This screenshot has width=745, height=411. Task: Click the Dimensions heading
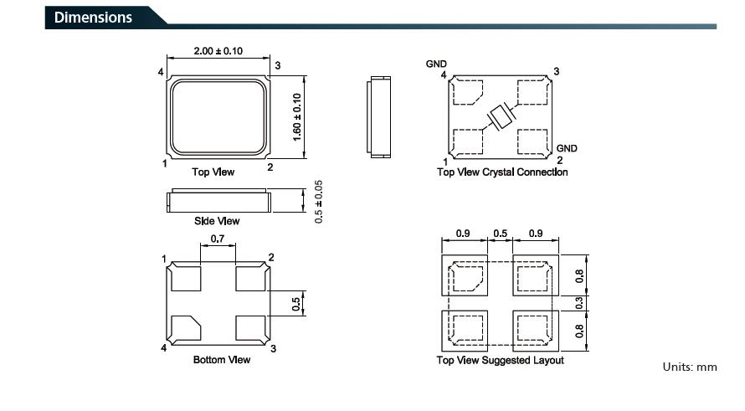point(93,18)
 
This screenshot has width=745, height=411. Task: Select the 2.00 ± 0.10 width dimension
point(218,51)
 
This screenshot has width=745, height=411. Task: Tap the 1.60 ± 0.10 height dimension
point(297,117)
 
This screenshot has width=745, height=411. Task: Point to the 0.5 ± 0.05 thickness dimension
point(318,202)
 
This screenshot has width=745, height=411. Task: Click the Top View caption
point(213,172)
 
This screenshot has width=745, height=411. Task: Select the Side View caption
point(217,221)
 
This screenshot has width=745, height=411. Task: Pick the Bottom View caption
point(222,360)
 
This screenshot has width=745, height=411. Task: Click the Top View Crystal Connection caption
point(502,172)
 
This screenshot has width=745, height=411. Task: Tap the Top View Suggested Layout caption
point(500,360)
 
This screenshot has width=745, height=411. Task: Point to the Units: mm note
point(690,367)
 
